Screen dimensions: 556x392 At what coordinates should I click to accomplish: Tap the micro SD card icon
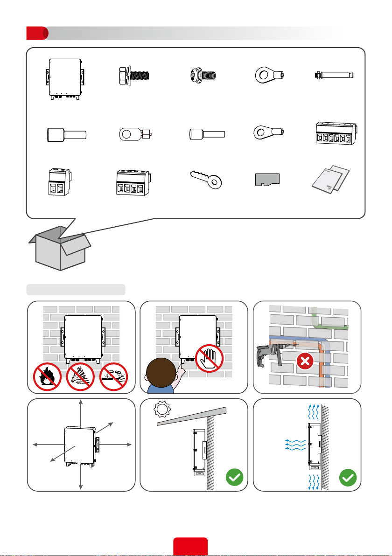(x=267, y=179)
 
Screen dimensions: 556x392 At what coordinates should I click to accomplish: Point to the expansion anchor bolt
(x=334, y=75)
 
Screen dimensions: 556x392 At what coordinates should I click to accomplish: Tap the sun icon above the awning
(x=162, y=410)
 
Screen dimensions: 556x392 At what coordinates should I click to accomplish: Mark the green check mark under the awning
(x=236, y=479)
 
